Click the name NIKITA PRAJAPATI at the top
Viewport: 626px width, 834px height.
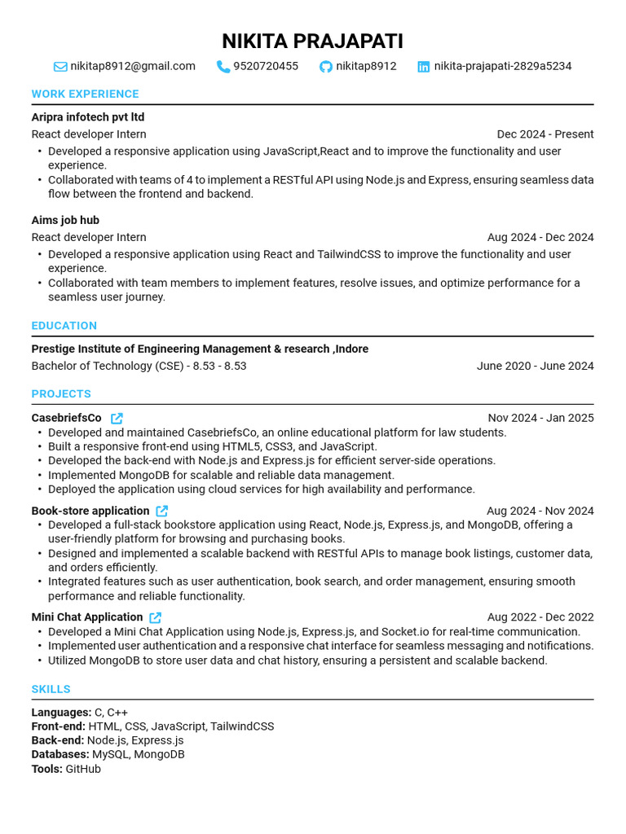point(312,41)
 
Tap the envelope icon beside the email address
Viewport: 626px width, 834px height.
point(60,67)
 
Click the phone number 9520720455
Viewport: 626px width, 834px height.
point(266,66)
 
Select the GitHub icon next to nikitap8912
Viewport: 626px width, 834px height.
point(326,67)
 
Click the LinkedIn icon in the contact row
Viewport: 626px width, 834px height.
point(424,67)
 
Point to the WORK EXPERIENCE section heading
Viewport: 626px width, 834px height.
point(85,94)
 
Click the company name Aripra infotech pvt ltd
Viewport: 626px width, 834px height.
point(88,117)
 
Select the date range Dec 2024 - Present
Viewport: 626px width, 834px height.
point(545,134)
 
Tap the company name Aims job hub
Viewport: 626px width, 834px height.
point(65,220)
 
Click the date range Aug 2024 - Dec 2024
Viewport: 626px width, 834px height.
point(540,237)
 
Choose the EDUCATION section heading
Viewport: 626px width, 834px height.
point(64,326)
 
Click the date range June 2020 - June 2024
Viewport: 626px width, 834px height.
point(535,366)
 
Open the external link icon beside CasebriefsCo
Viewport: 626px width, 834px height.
point(117,418)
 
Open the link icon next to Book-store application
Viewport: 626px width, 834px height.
point(162,511)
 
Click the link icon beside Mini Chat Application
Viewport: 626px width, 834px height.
point(156,617)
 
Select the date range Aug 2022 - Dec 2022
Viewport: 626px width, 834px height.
point(540,617)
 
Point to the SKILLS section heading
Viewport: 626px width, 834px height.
point(51,689)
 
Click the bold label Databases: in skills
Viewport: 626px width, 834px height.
point(60,754)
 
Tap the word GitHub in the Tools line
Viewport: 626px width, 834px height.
point(83,769)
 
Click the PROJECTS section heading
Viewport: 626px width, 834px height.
point(61,393)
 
